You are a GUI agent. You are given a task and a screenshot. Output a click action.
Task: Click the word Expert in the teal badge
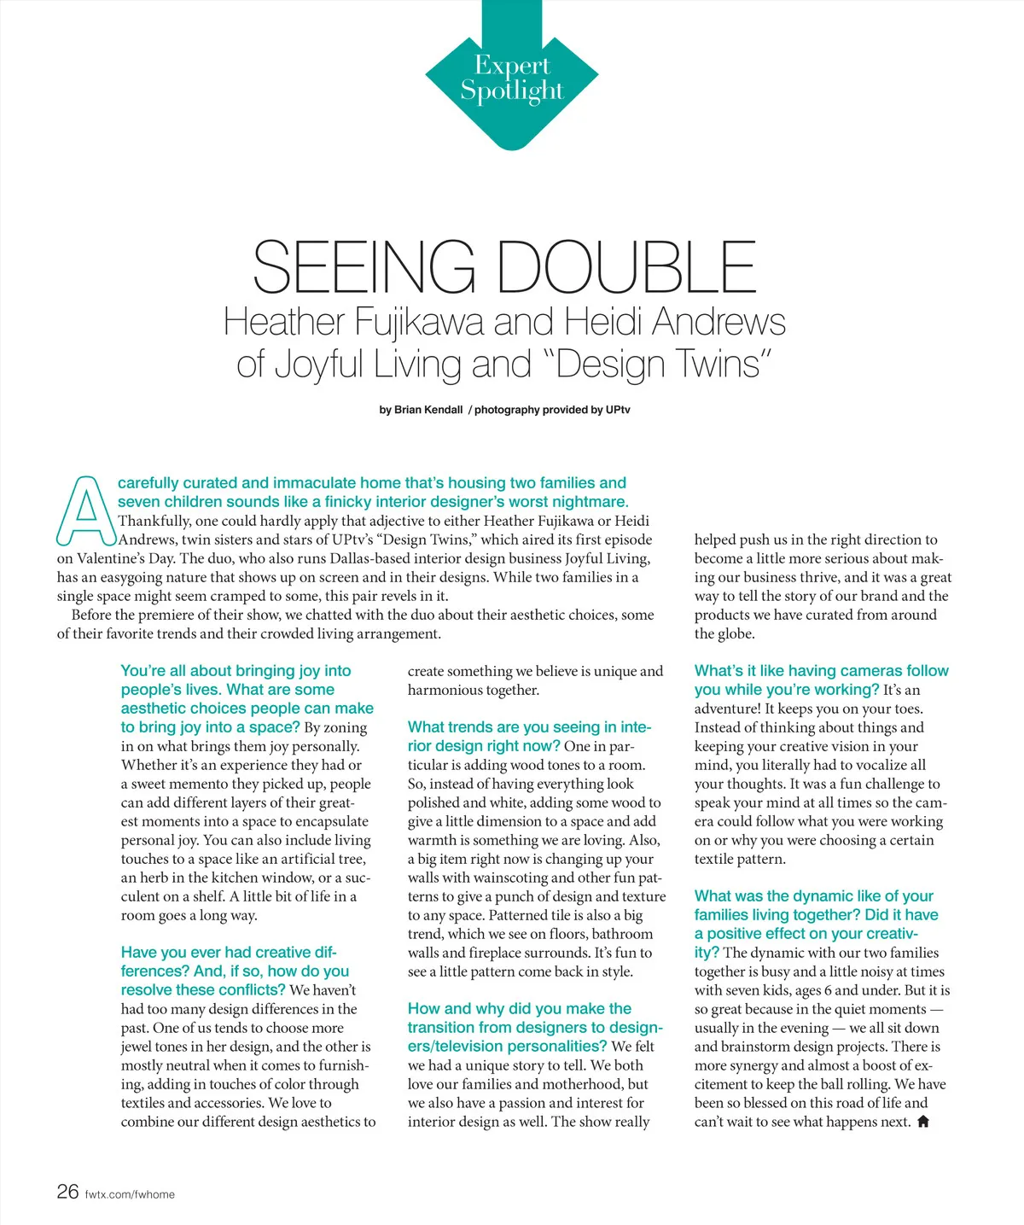pos(512,65)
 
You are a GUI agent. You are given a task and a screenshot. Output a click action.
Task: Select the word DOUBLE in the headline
pos(627,267)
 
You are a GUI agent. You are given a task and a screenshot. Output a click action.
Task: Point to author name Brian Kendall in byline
pos(428,410)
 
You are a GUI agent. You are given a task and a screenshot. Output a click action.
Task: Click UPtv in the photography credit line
pos(618,410)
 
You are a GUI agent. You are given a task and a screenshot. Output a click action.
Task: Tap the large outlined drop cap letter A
pos(85,510)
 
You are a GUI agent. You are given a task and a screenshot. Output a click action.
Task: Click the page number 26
pos(67,1192)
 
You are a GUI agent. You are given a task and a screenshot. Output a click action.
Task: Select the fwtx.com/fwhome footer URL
pos(130,1194)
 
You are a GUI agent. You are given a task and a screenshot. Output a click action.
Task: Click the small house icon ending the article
pos(922,1122)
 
